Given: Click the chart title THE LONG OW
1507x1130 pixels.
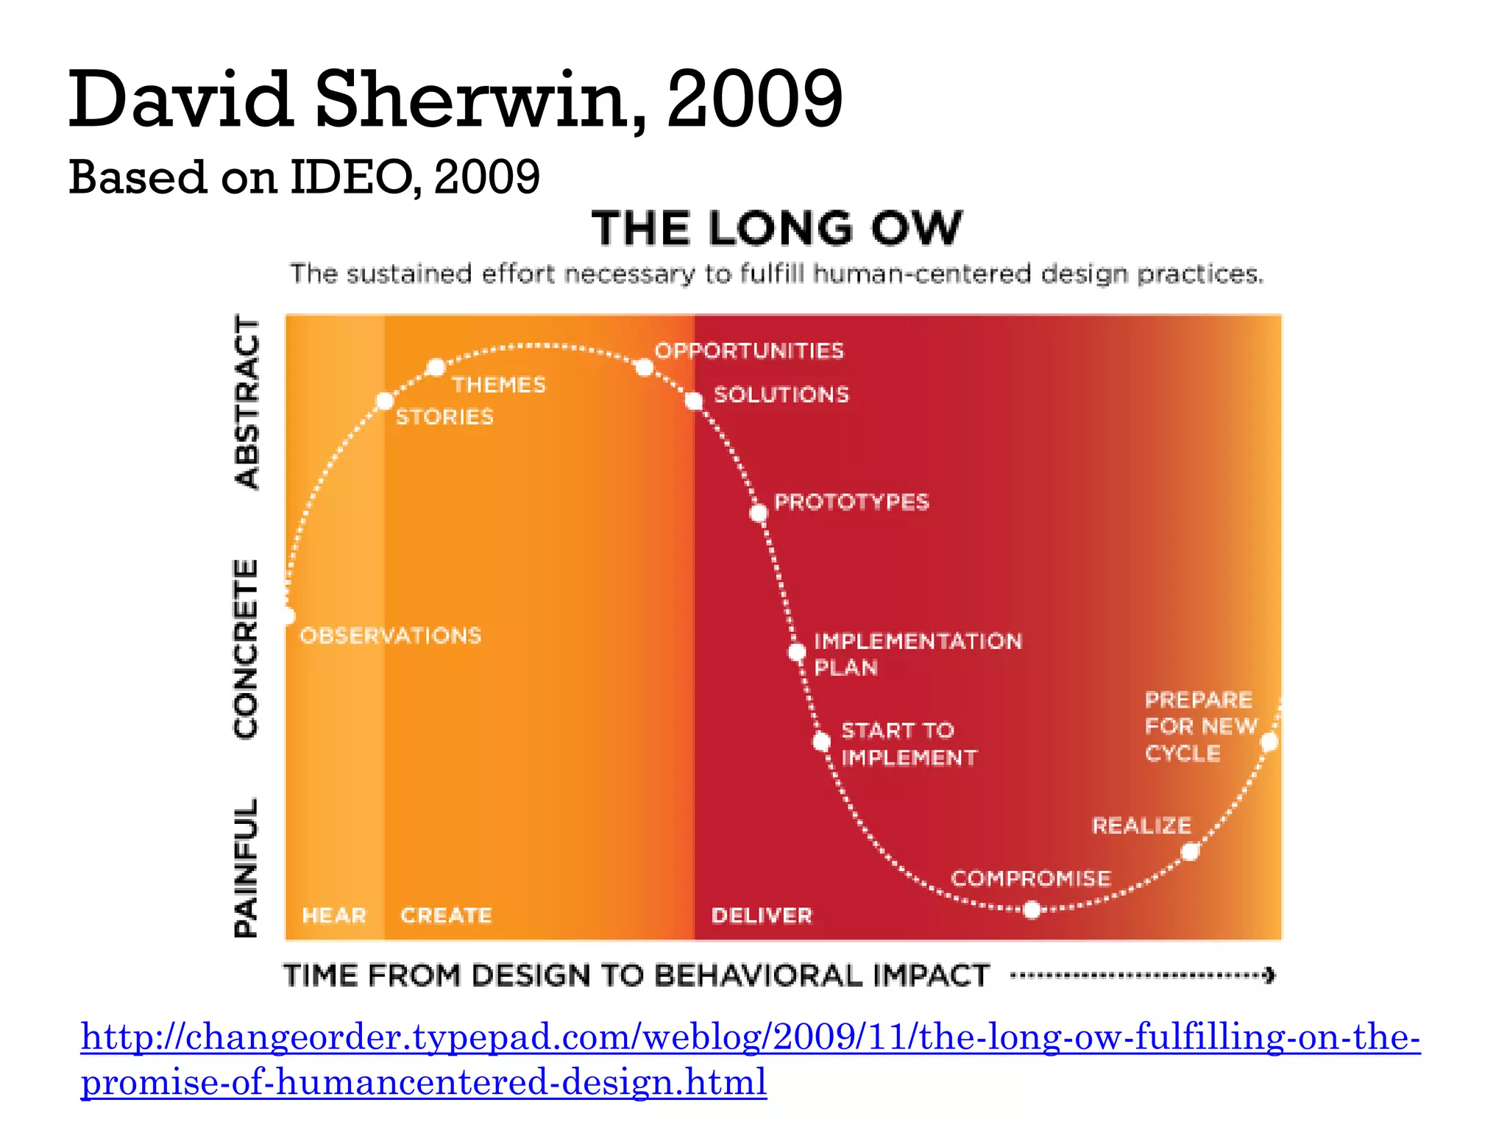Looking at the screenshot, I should (776, 228).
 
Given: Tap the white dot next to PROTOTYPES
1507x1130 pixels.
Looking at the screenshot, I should (759, 513).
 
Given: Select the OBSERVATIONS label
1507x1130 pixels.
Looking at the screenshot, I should (391, 636).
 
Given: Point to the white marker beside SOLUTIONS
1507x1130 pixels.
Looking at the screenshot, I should (694, 401).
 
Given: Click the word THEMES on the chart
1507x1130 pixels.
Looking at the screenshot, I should (499, 385).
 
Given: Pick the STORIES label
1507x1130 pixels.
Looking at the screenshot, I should (444, 417).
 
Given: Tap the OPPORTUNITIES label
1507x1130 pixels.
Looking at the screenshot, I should (749, 351).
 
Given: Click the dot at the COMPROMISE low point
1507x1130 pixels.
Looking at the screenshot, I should (1032, 911).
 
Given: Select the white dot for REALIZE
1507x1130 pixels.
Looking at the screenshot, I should (1190, 852).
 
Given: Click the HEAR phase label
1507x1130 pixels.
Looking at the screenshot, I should (334, 915).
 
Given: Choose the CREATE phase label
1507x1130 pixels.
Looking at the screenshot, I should (446, 915).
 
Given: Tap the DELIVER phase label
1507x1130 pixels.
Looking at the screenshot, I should (762, 915).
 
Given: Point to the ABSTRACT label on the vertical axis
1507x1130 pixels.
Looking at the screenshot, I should (247, 402).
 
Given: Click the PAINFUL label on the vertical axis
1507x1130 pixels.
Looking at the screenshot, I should (246, 868).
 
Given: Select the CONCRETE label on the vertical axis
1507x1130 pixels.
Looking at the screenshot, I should (246, 649).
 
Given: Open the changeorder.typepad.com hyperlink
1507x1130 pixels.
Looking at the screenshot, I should (750, 1037).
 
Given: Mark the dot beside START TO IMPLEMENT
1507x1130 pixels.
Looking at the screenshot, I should (822, 742).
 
